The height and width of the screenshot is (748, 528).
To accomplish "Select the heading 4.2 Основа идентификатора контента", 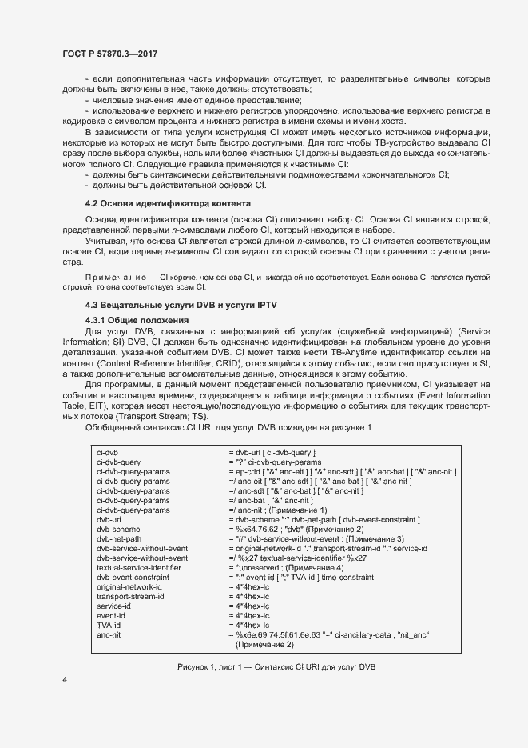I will click(x=169, y=205).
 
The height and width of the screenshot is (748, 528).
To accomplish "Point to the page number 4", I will click(x=64, y=680).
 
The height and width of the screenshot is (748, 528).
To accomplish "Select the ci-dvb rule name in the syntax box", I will click(x=108, y=453).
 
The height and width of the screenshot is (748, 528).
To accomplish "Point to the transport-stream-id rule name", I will click(x=130, y=596).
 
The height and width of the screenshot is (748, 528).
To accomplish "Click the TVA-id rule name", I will click(x=108, y=625).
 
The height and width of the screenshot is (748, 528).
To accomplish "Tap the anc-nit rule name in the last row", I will click(x=109, y=634).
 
